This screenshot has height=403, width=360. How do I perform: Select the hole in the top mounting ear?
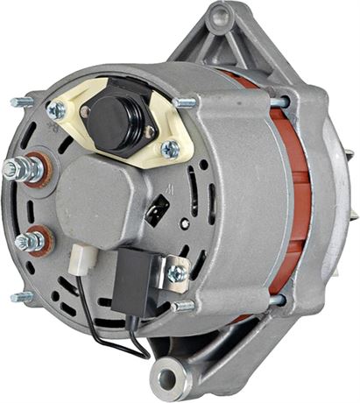pyautogui.click(x=218, y=15)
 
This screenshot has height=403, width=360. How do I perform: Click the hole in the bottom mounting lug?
pyautogui.click(x=165, y=379)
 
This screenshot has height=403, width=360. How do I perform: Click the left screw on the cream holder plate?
pyautogui.click(x=59, y=110)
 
